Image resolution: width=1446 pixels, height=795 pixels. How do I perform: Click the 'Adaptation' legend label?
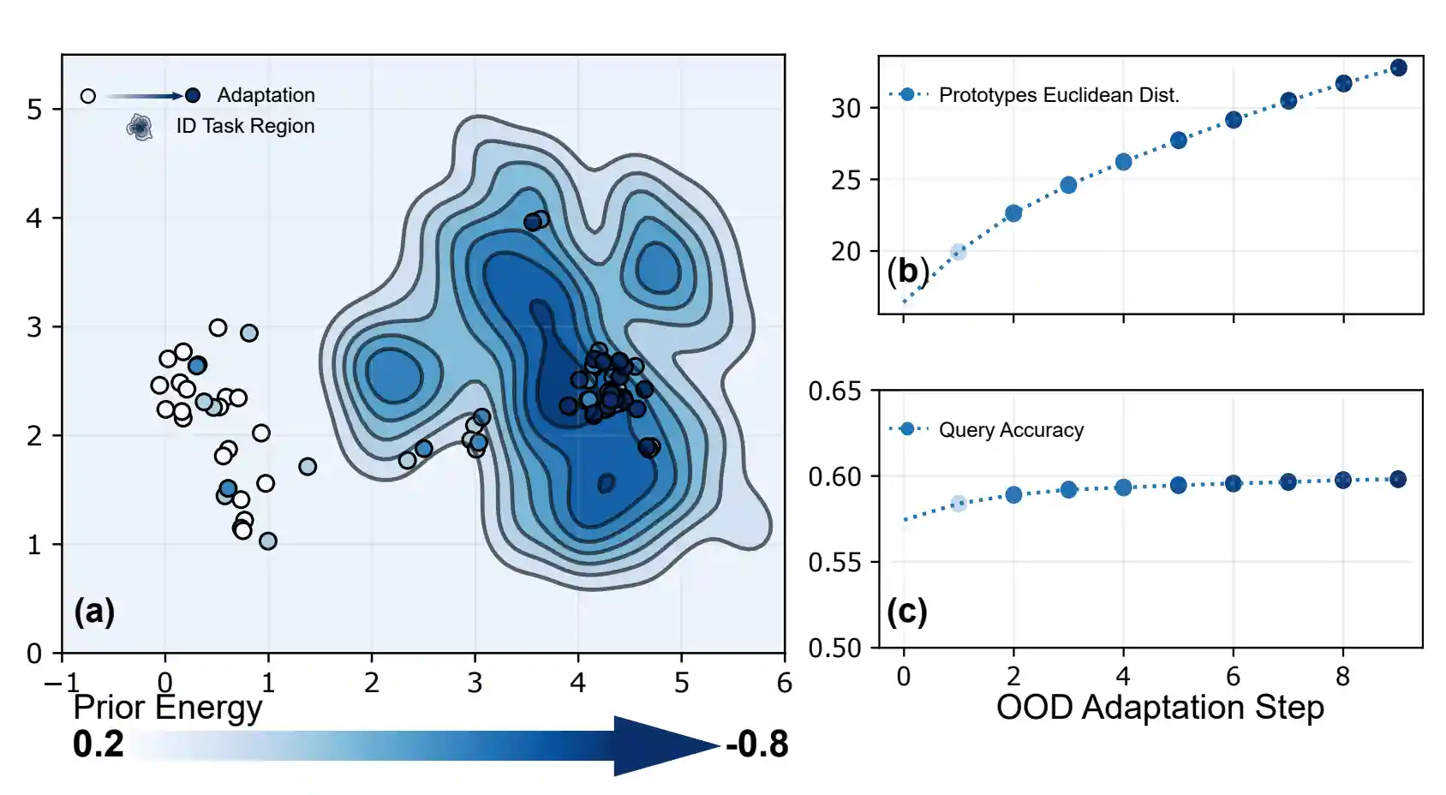pos(266,95)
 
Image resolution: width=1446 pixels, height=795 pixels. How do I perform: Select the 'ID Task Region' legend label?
pos(245,126)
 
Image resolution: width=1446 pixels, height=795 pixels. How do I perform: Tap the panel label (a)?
pos(94,612)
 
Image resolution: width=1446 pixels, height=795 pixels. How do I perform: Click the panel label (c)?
pos(907,612)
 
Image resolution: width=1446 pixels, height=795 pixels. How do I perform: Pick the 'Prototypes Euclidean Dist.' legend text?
pos(1059,95)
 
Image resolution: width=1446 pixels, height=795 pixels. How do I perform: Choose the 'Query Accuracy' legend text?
pos(1011,430)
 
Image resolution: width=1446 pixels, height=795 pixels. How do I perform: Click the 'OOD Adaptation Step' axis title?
pos(1160,708)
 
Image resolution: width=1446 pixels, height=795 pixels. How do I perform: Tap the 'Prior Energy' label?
pos(168,708)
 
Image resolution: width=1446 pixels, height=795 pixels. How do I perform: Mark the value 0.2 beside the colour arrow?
pos(99,744)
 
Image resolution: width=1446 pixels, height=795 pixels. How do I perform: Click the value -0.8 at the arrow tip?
pos(757,744)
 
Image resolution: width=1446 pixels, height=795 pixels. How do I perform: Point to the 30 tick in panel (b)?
pos(845,109)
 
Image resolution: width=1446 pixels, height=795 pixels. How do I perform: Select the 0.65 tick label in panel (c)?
pos(835,392)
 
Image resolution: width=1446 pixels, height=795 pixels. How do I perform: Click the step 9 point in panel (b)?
pos(1398,68)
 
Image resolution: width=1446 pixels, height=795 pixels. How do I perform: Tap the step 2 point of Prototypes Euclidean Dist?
pos(1013,213)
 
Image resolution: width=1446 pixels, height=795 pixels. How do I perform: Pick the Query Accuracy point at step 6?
pos(1233,483)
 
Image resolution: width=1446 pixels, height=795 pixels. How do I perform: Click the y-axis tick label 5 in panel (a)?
pos(34,110)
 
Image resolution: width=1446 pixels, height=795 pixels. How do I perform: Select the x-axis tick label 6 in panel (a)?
pos(784,683)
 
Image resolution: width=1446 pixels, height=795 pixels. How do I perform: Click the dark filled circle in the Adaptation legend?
pos(193,95)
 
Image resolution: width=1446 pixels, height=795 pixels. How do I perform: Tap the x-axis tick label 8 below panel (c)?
pos(1342,677)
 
